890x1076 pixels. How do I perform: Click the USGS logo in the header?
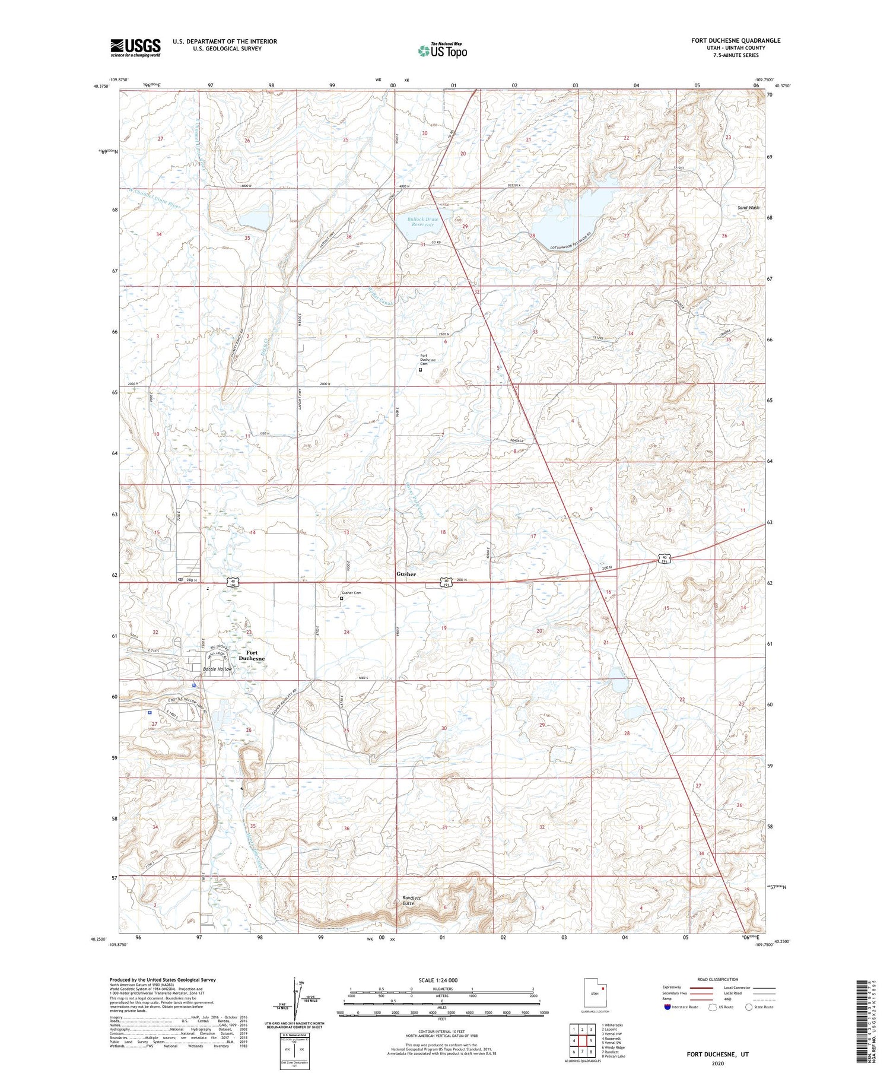[135, 47]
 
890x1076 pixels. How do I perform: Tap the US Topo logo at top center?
[443, 50]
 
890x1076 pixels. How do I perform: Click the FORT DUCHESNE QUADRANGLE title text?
[736, 40]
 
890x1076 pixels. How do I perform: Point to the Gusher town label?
[406, 574]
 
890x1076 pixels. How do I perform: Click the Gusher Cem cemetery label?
[351, 593]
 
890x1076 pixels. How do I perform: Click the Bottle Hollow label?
[218, 669]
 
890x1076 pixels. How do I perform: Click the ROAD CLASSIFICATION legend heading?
[718, 979]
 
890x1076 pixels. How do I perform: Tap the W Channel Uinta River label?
[155, 197]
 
